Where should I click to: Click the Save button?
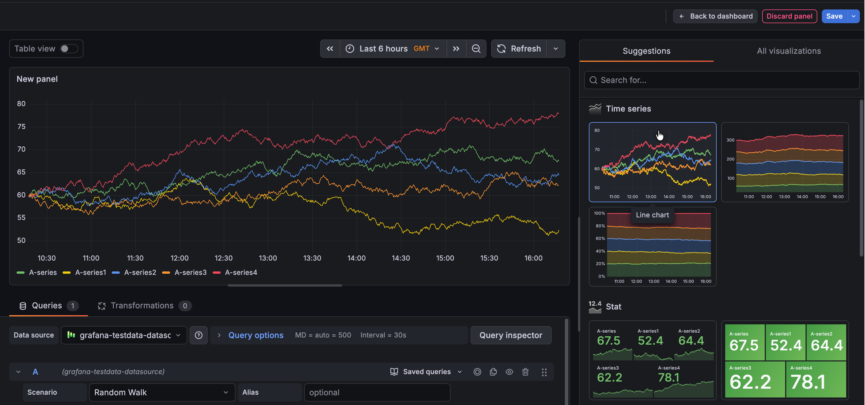click(x=834, y=16)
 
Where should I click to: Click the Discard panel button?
click(x=789, y=16)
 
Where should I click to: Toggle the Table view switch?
click(x=69, y=49)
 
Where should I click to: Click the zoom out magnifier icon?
click(x=476, y=49)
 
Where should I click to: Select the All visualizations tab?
click(x=788, y=51)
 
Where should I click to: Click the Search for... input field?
click(x=722, y=80)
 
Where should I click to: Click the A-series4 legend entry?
click(x=240, y=273)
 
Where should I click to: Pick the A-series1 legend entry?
click(x=90, y=273)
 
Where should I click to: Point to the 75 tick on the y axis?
click(x=21, y=127)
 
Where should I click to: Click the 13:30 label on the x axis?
click(x=312, y=258)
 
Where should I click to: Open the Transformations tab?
click(x=142, y=305)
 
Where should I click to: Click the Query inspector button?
click(x=511, y=335)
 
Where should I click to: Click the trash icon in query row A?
click(x=525, y=372)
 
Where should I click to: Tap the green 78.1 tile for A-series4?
click(x=815, y=380)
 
